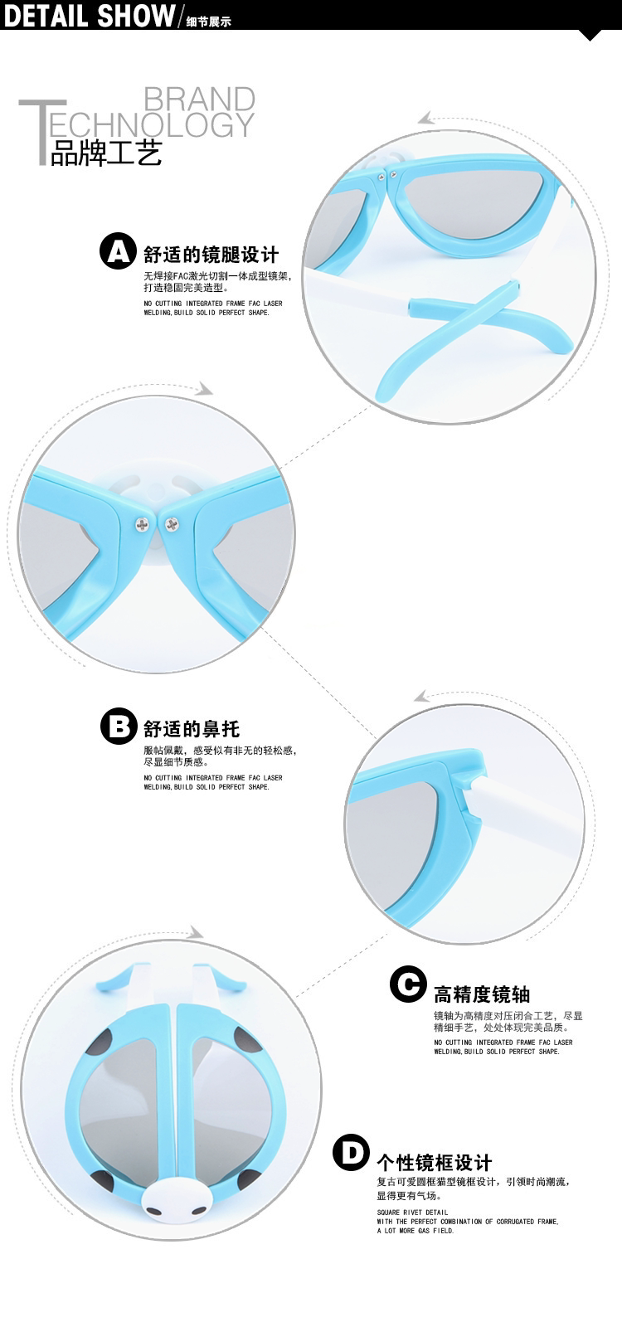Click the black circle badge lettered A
[x=118, y=251]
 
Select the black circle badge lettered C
[x=408, y=984]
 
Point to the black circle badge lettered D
[x=351, y=1153]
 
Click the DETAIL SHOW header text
[x=89, y=15]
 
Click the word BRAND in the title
[x=199, y=100]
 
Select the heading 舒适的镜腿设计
[x=211, y=254]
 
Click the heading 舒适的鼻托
[x=191, y=729]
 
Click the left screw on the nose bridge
[x=143, y=523]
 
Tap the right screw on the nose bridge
[x=172, y=523]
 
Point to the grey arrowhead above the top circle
[x=426, y=119]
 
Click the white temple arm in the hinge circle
[x=531, y=809]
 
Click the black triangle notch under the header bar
[x=590, y=35]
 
